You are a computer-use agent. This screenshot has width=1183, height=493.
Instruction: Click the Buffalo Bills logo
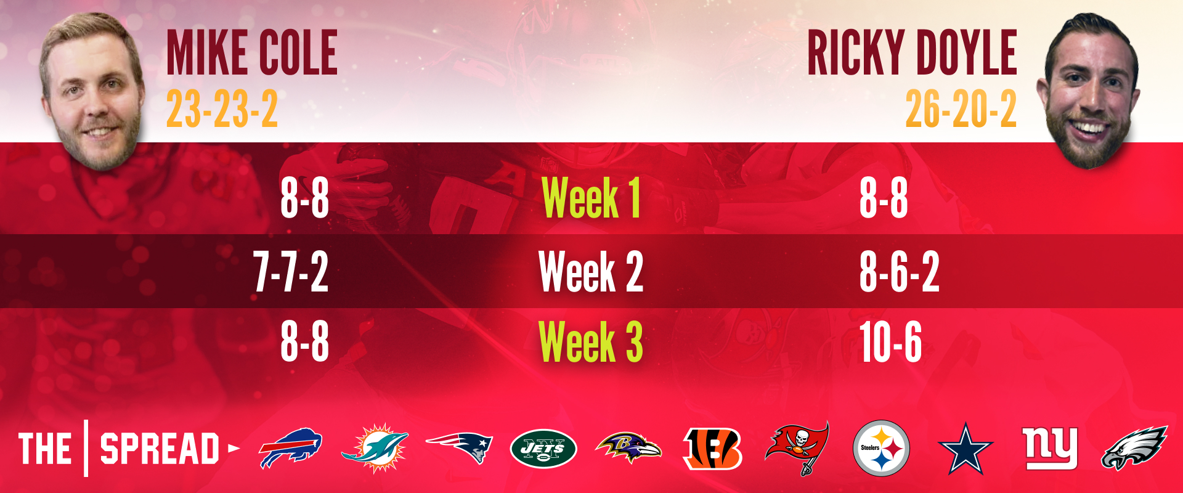(290, 448)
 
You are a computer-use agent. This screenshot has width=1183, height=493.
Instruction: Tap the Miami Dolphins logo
(375, 449)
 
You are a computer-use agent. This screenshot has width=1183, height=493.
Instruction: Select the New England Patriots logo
(459, 447)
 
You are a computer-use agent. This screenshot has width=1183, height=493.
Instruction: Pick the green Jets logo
(543, 449)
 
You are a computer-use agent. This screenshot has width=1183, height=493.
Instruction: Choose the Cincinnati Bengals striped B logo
(712, 449)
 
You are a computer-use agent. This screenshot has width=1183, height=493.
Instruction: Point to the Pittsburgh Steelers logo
(881, 449)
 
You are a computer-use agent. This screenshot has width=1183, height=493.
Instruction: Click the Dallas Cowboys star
(966, 449)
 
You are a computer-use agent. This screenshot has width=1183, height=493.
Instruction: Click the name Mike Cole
(252, 53)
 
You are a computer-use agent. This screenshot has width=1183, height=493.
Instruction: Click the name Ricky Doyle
(912, 53)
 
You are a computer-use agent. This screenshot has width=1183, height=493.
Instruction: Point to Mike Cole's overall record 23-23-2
(222, 109)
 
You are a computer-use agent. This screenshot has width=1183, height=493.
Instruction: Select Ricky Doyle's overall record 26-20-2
(961, 109)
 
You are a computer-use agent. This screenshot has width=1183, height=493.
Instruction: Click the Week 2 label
(591, 271)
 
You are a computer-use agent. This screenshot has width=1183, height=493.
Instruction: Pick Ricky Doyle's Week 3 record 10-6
(890, 341)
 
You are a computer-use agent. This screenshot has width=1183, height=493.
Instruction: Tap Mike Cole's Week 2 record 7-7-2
(291, 271)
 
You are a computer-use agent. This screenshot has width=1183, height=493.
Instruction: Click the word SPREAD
(160, 449)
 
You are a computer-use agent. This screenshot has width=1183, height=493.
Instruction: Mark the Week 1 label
(591, 198)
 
